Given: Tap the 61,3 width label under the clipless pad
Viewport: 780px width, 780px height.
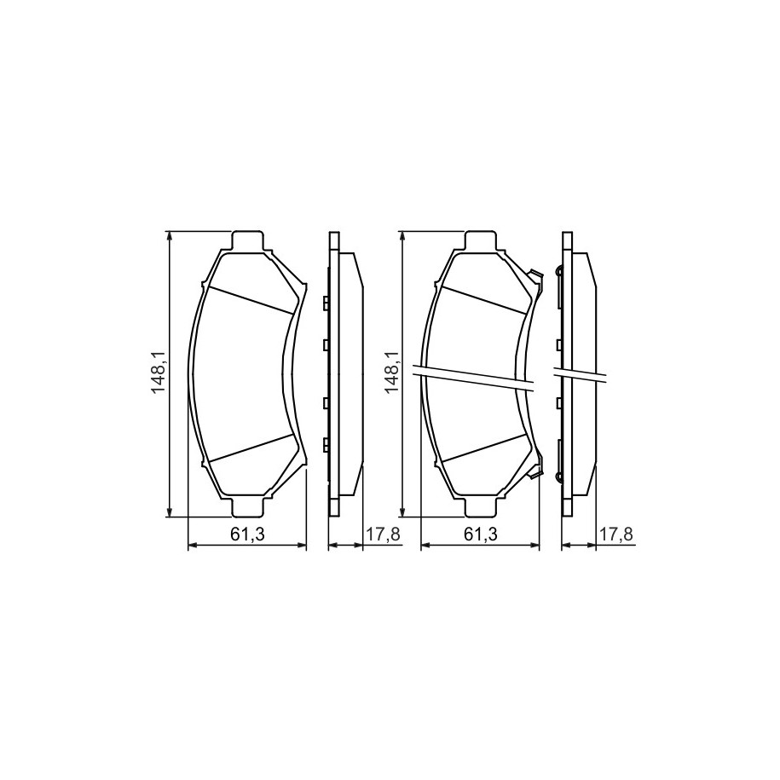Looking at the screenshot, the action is point(247,534).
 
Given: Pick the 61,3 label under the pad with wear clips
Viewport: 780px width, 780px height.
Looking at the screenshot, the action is point(481,534).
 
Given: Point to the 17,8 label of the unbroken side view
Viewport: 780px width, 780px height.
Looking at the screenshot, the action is point(383,534).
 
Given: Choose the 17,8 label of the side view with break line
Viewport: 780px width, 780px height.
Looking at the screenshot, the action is point(615,534).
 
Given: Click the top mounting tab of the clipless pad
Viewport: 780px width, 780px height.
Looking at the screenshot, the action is point(247,240).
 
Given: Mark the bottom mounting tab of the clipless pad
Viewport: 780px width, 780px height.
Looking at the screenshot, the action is point(247,506).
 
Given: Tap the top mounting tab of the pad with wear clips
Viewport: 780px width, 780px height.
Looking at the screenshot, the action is point(480,240).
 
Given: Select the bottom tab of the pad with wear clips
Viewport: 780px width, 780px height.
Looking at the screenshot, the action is point(480,506).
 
